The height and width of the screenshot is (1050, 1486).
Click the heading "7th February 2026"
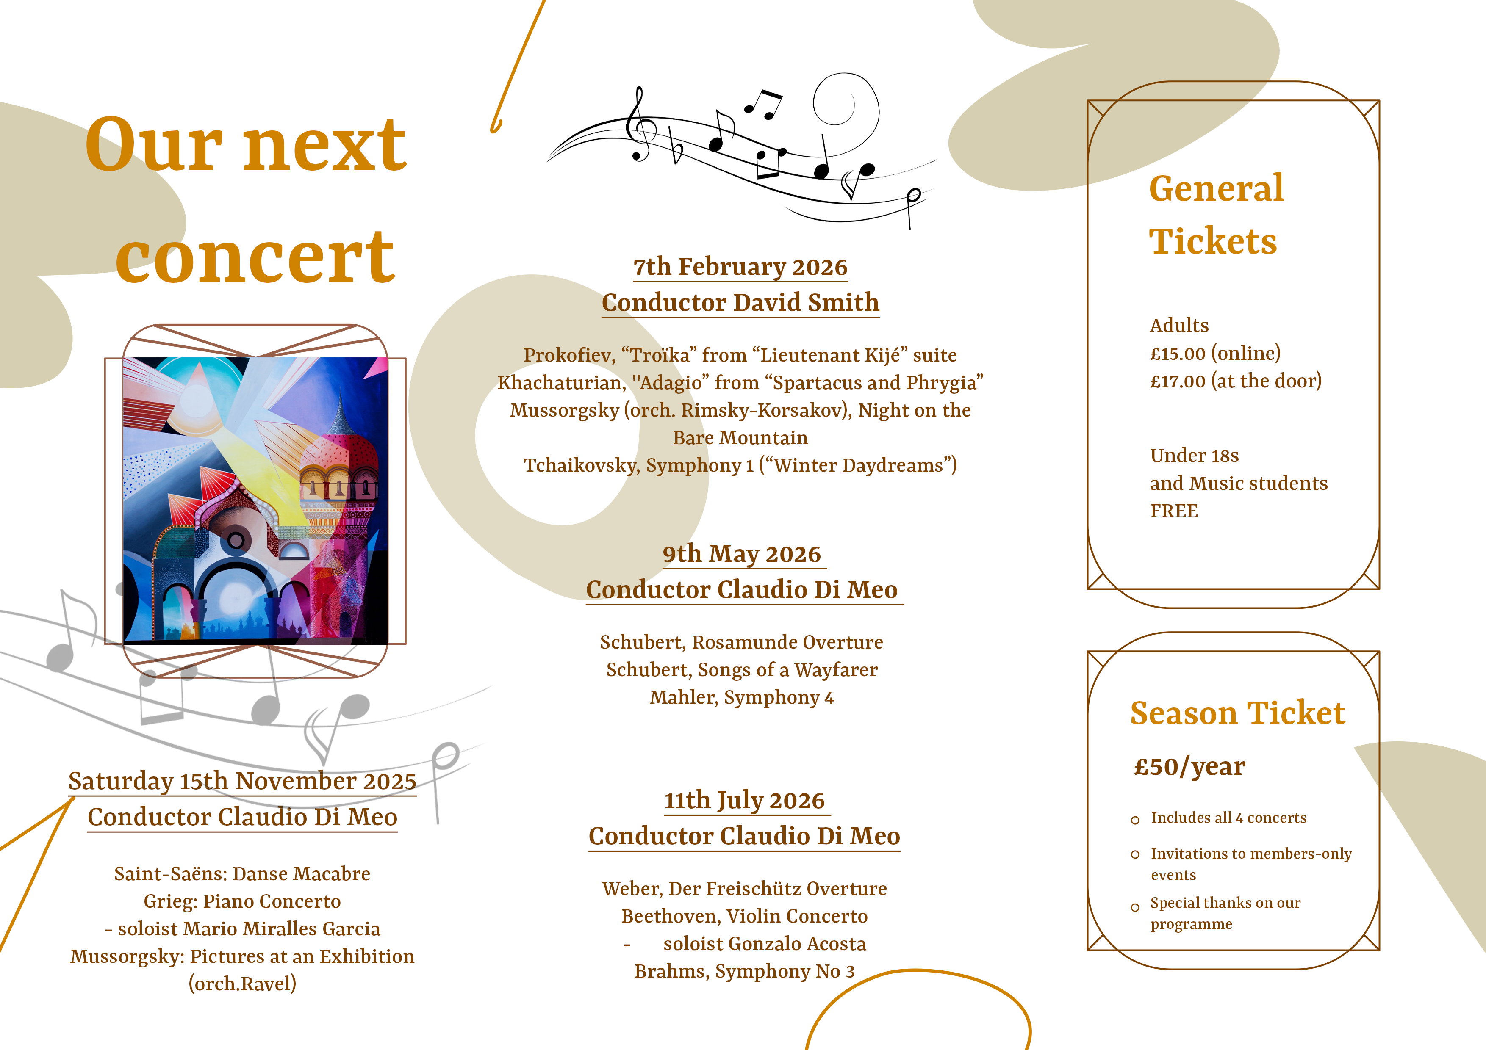coord(740,267)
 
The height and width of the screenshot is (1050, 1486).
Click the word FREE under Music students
coord(1174,511)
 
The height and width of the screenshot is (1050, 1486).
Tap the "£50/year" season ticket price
coord(1189,767)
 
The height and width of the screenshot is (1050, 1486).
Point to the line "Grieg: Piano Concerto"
coord(242,902)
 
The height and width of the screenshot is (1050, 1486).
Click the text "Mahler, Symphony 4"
coord(742,697)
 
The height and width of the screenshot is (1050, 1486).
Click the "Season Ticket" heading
coord(1237,713)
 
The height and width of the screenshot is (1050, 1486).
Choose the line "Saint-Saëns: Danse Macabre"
coord(242,874)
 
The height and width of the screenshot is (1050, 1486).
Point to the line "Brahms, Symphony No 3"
coord(744,972)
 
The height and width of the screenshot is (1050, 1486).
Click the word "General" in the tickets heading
coord(1217,189)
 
